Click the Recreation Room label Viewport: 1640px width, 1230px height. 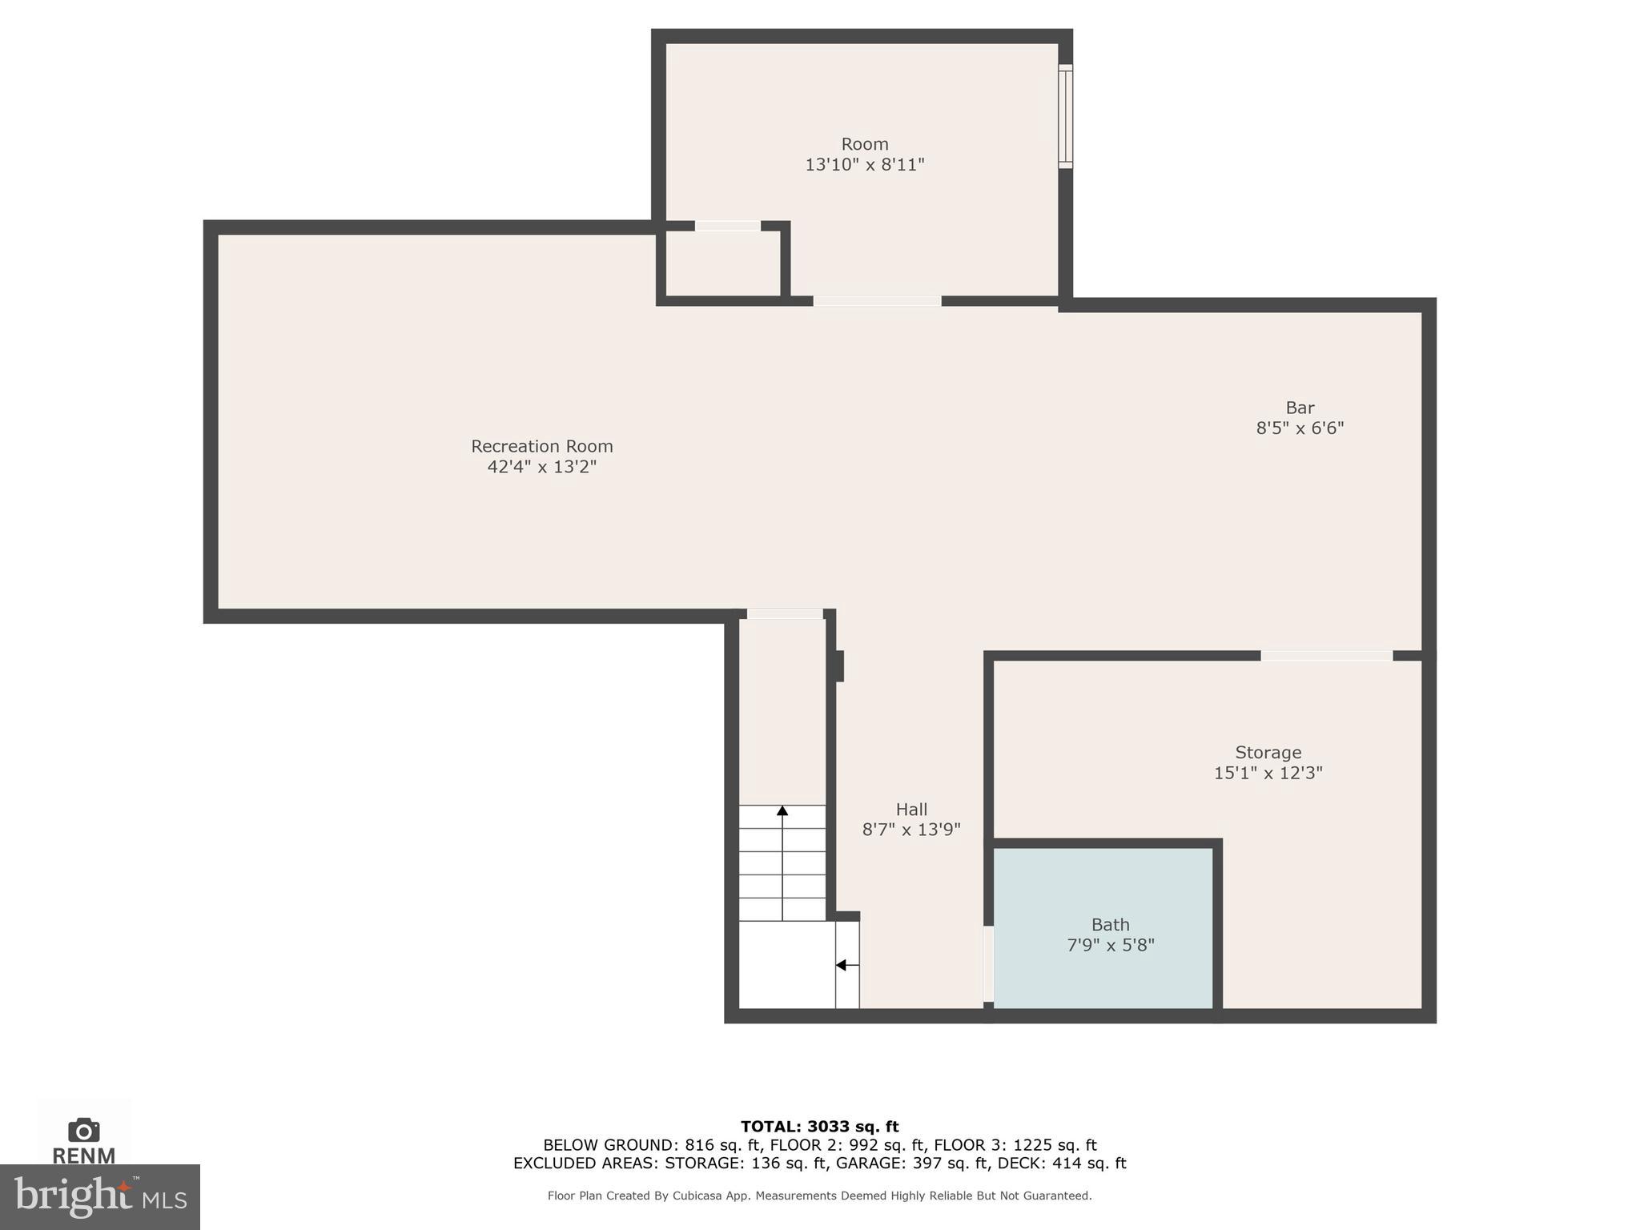click(541, 446)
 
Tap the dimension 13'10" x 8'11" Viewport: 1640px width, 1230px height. click(864, 165)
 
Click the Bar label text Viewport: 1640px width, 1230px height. click(1300, 408)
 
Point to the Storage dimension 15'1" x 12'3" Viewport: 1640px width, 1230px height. click(1268, 773)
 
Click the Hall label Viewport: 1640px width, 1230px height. click(911, 810)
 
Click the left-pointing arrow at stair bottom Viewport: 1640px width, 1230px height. click(842, 965)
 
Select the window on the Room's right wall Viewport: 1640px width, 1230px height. click(1065, 116)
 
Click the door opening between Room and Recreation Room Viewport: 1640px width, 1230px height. click(877, 301)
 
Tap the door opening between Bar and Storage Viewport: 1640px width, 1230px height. click(1326, 656)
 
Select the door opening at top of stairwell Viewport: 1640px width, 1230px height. click(784, 614)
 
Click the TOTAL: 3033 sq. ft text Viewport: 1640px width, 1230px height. click(819, 1127)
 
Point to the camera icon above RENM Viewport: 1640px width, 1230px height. click(83, 1130)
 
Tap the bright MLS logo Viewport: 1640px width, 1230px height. click(100, 1196)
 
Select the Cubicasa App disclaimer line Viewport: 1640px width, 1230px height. click(819, 1196)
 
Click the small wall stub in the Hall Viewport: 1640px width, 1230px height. click(839, 665)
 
